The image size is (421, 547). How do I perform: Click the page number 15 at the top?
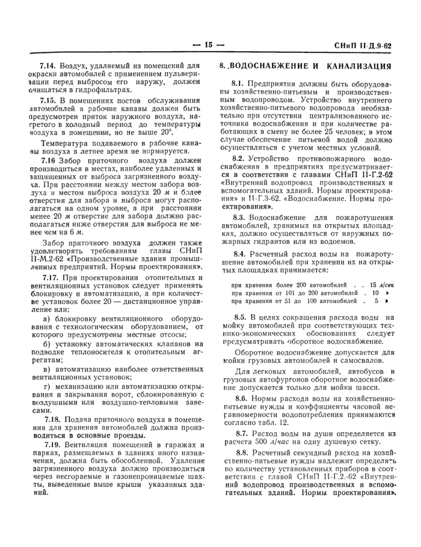pyautogui.click(x=209, y=44)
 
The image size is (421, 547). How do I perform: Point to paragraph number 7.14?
pyautogui.click(x=48, y=64)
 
